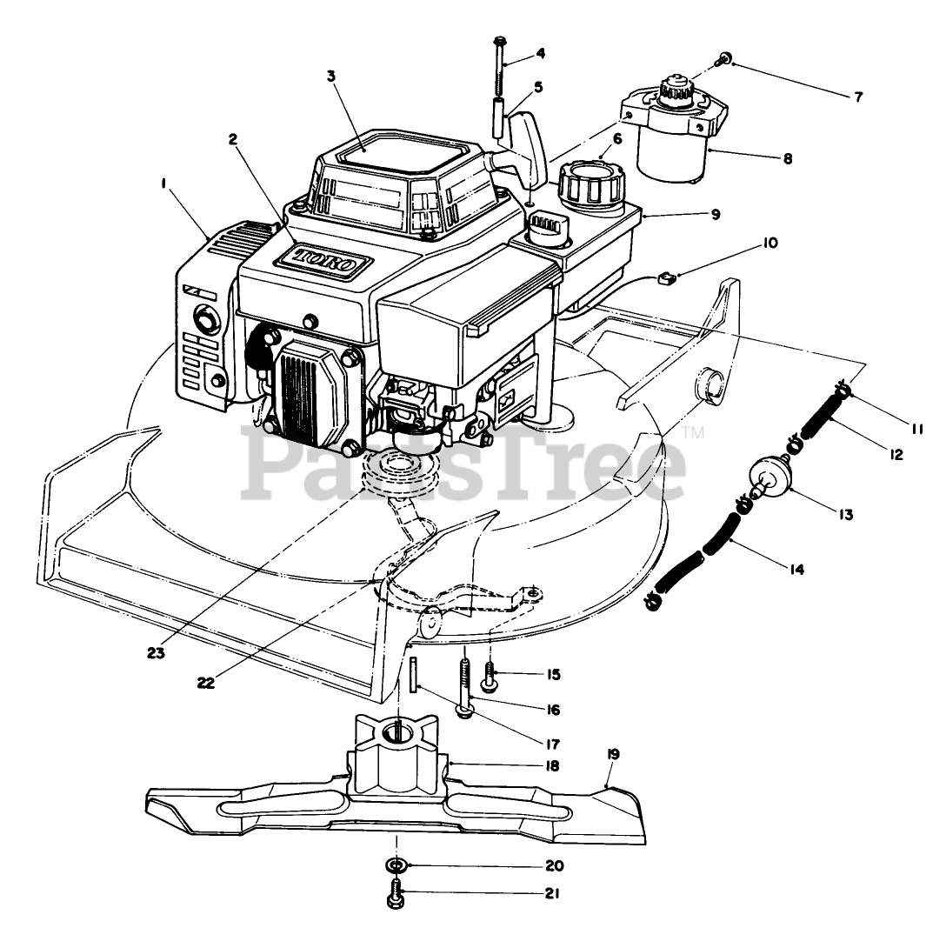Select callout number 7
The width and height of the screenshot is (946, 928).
point(858,97)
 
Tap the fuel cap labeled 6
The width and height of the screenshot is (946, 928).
point(590,181)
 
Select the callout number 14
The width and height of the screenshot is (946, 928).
point(797,571)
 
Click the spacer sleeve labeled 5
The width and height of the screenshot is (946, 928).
point(501,118)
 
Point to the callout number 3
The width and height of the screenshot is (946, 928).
point(331,76)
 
